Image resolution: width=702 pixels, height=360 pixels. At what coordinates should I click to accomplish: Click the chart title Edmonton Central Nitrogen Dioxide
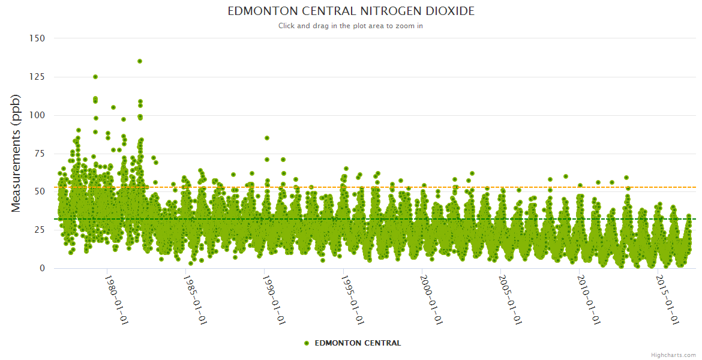point(350,11)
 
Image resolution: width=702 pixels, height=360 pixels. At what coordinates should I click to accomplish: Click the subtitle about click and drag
point(350,26)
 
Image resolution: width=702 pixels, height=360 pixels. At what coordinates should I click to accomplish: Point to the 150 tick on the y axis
point(37,38)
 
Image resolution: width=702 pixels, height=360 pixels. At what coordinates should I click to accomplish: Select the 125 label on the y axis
point(37,77)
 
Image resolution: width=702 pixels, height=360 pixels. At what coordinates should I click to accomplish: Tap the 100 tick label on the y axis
point(37,115)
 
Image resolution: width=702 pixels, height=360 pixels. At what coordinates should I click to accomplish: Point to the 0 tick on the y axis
point(42,269)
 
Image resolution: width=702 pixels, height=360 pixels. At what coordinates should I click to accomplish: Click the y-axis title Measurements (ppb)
point(16,153)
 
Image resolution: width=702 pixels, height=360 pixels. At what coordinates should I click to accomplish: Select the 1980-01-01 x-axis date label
point(117,299)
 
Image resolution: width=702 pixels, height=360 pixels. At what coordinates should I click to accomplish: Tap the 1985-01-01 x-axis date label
point(196,299)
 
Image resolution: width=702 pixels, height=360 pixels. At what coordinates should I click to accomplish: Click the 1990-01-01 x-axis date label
point(274,299)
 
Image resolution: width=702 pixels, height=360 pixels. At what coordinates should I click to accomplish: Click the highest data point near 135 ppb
point(140,61)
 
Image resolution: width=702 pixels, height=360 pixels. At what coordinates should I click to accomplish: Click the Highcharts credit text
point(673,355)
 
